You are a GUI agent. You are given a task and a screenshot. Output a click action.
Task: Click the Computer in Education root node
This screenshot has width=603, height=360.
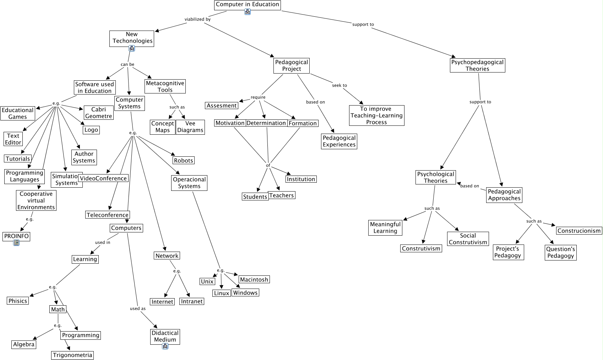point(248,5)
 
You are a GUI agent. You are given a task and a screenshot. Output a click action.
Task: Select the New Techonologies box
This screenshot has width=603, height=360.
point(132,38)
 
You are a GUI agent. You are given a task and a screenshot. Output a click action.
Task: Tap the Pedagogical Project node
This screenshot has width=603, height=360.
point(292,65)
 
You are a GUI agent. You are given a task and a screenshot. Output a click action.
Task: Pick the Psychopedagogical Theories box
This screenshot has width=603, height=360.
point(477,65)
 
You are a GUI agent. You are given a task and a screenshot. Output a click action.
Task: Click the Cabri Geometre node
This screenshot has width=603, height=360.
point(98,113)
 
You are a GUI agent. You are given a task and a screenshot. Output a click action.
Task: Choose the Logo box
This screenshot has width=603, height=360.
point(91,130)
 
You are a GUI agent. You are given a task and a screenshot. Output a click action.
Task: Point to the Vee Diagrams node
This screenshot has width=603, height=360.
point(190,127)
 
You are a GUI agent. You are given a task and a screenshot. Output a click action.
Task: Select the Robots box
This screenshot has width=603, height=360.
point(183,160)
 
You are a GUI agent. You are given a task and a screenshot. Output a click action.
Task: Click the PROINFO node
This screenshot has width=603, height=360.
point(16,236)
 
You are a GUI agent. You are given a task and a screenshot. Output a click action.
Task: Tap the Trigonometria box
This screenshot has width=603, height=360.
point(72,355)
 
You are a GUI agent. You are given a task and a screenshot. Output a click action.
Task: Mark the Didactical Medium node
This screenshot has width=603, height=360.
point(165,336)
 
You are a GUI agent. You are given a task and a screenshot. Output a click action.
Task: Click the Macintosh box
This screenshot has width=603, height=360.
point(254,279)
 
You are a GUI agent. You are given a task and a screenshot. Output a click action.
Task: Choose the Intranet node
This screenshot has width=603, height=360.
point(192,301)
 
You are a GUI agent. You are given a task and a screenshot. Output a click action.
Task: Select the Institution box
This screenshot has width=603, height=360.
point(301,179)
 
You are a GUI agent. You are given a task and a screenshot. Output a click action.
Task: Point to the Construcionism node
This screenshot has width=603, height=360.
point(579,231)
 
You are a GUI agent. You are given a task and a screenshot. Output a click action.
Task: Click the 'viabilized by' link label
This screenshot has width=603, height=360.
point(197,19)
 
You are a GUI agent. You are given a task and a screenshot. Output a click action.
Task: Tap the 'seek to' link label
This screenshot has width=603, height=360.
point(339,85)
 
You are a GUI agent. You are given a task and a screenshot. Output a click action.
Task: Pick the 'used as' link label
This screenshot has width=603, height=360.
point(138,308)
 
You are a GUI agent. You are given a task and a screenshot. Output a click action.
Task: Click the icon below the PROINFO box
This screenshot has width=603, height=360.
point(16,243)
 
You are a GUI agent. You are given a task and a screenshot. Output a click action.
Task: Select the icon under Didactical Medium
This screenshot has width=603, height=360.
point(165,346)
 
